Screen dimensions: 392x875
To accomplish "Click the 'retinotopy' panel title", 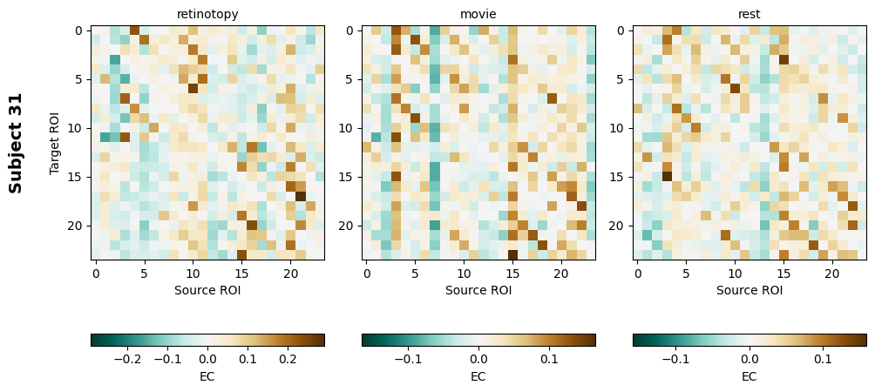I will (207, 14).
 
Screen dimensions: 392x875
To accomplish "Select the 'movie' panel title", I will (478, 14).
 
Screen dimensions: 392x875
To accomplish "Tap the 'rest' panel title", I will (750, 14).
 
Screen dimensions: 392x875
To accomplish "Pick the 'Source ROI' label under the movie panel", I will (478, 290).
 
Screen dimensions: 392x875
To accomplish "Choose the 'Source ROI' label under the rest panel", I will (750, 290).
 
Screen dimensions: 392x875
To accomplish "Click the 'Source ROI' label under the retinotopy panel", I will (207, 290).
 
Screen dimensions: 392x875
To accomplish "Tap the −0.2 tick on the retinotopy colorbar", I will (127, 358).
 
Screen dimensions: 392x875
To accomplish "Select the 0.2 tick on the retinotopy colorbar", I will (288, 358).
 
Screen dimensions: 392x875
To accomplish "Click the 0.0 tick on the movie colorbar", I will (478, 358).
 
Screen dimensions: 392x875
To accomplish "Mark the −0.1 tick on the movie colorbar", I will (408, 358).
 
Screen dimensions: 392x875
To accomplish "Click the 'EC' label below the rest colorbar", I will (750, 376).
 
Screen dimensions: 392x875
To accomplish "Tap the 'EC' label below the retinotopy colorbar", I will (207, 376).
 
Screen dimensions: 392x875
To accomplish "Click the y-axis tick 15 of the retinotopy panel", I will (77, 177).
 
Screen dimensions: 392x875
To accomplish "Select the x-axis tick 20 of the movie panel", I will (561, 273).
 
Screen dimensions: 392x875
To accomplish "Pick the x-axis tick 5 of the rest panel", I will (687, 273).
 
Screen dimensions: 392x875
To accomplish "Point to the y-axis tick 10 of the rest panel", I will (619, 128).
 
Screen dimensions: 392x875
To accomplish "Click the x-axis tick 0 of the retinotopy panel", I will (96, 273).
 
